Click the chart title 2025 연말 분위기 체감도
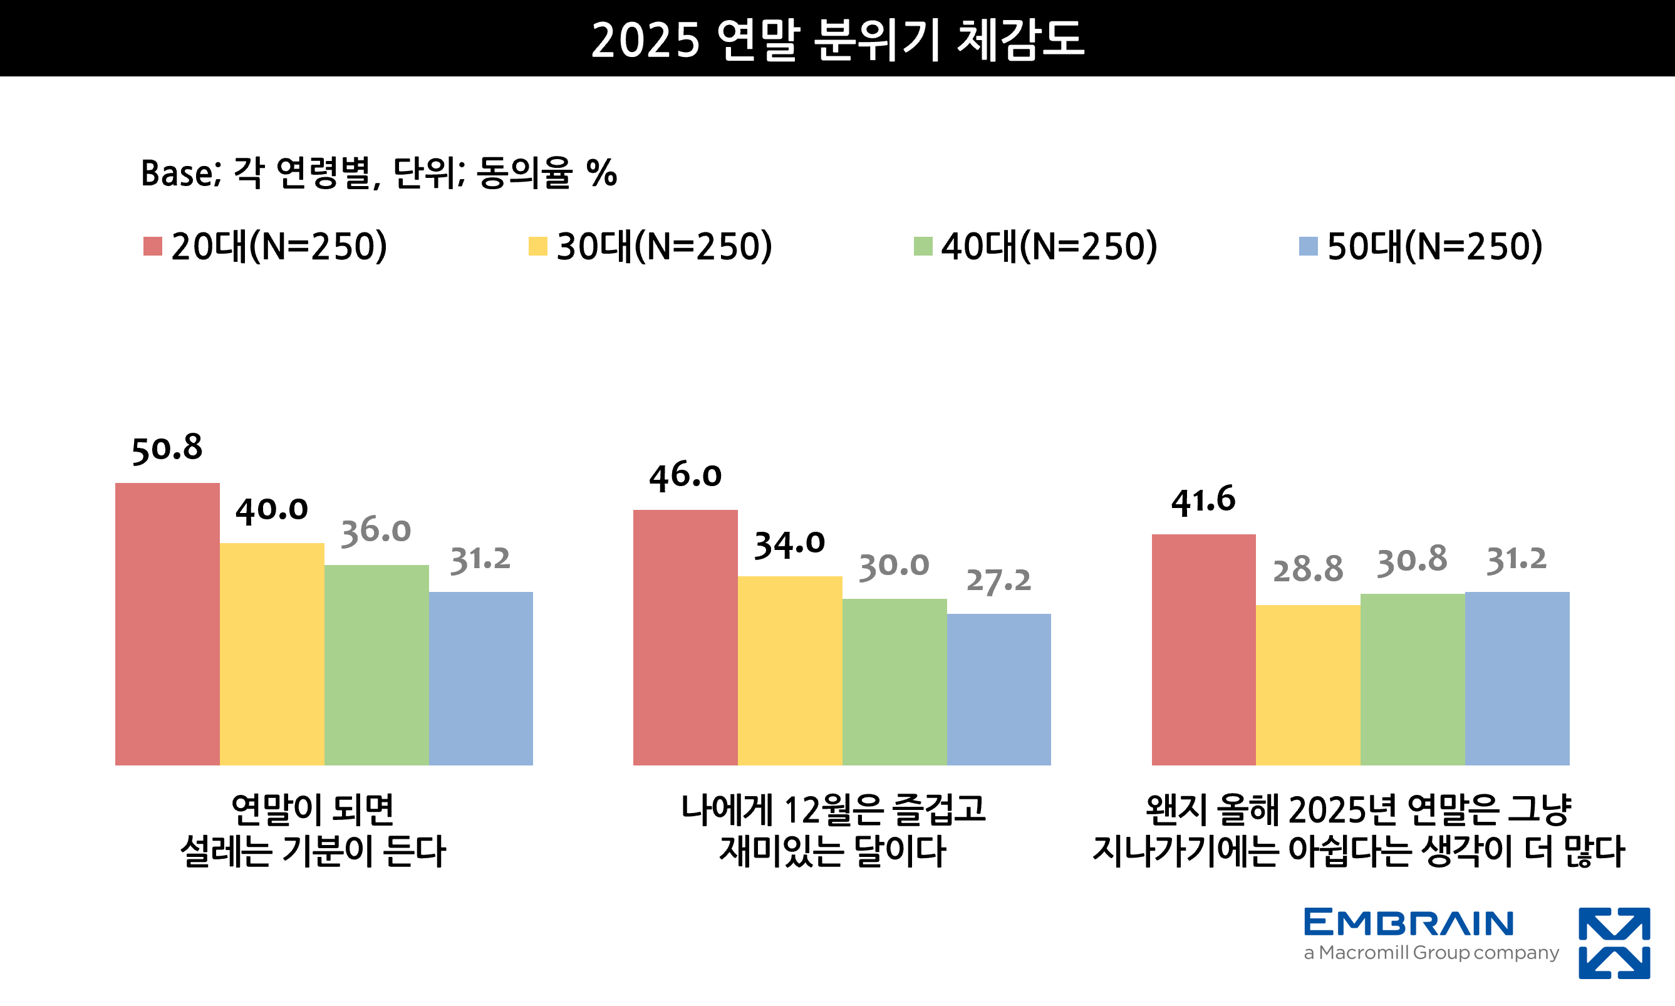(837, 39)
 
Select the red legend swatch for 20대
(152, 246)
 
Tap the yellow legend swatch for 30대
(537, 246)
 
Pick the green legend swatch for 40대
(923, 246)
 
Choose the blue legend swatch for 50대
(1307, 246)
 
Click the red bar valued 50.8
(167, 624)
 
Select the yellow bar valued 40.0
(272, 654)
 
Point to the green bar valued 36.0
(376, 665)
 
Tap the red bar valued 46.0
(685, 637)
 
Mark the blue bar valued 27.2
(998, 690)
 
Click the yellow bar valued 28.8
(1307, 685)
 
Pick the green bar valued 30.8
(1412, 679)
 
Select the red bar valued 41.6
(1203, 650)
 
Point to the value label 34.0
(789, 544)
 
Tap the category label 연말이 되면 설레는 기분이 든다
(313, 830)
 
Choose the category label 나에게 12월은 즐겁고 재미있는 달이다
(833, 830)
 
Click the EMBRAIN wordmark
(1409, 923)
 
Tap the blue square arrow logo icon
(1614, 943)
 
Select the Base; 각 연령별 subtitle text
(378, 173)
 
